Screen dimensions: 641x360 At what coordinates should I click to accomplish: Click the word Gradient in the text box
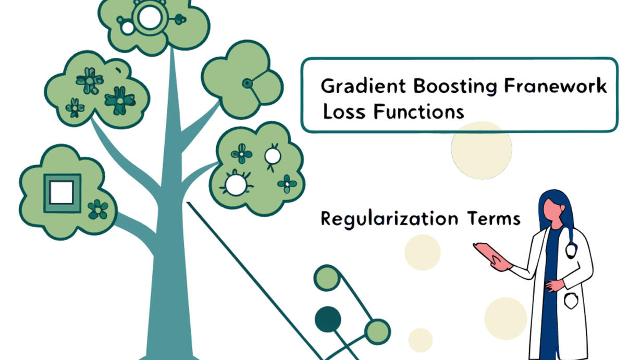coord(363,86)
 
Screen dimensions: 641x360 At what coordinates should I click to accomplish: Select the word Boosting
coord(455,86)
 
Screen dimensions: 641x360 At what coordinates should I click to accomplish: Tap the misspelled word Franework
coord(555,85)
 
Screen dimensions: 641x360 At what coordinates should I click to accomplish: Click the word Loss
coord(344,111)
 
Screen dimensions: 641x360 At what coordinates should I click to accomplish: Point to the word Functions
coord(419,111)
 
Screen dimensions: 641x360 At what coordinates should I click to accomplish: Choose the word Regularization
coord(389,219)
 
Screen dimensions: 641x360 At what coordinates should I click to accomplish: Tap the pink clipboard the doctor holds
coord(490,253)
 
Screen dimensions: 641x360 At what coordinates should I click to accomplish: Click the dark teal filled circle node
coord(328,319)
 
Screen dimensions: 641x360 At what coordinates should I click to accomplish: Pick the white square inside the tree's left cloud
coord(62,192)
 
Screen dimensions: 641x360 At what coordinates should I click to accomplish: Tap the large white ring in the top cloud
coord(150,18)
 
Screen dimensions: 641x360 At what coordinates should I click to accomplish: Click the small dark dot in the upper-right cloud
coord(247,83)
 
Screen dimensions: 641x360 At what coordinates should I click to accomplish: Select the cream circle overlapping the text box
coord(482,150)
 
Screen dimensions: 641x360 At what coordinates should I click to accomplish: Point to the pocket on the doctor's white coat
coord(571,301)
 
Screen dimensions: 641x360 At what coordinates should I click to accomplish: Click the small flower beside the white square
coord(98,209)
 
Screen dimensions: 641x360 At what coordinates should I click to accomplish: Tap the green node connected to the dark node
coord(377,332)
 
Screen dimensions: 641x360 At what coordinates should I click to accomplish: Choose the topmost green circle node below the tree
coord(327,278)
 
